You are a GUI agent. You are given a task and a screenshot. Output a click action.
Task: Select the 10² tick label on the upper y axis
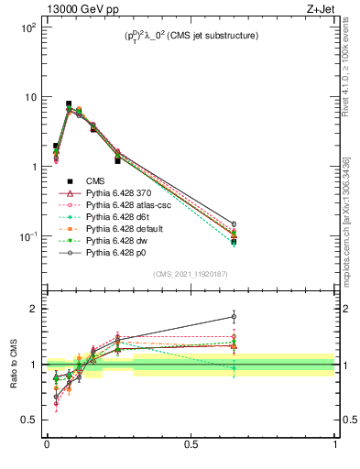pos(27,27)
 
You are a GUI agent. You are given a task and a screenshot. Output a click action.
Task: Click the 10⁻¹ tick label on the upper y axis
pos(27,236)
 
